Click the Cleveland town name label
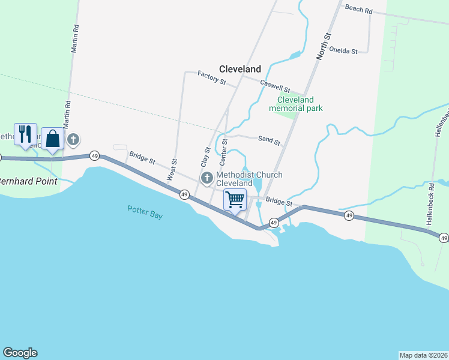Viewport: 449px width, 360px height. pyautogui.click(x=240, y=69)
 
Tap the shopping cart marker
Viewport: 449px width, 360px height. pyautogui.click(x=235, y=199)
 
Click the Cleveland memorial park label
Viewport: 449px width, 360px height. pyautogui.click(x=296, y=104)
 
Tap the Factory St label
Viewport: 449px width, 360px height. pyautogui.click(x=211, y=77)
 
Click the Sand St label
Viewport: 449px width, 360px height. pyautogui.click(x=270, y=140)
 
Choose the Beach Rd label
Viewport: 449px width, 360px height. pyautogui.click(x=358, y=11)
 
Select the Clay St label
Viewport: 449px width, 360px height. pyautogui.click(x=204, y=157)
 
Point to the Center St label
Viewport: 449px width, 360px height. pyautogui.click(x=223, y=152)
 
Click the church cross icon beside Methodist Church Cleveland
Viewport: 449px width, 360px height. pyautogui.click(x=207, y=178)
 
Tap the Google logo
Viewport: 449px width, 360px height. pyautogui.click(x=20, y=353)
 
